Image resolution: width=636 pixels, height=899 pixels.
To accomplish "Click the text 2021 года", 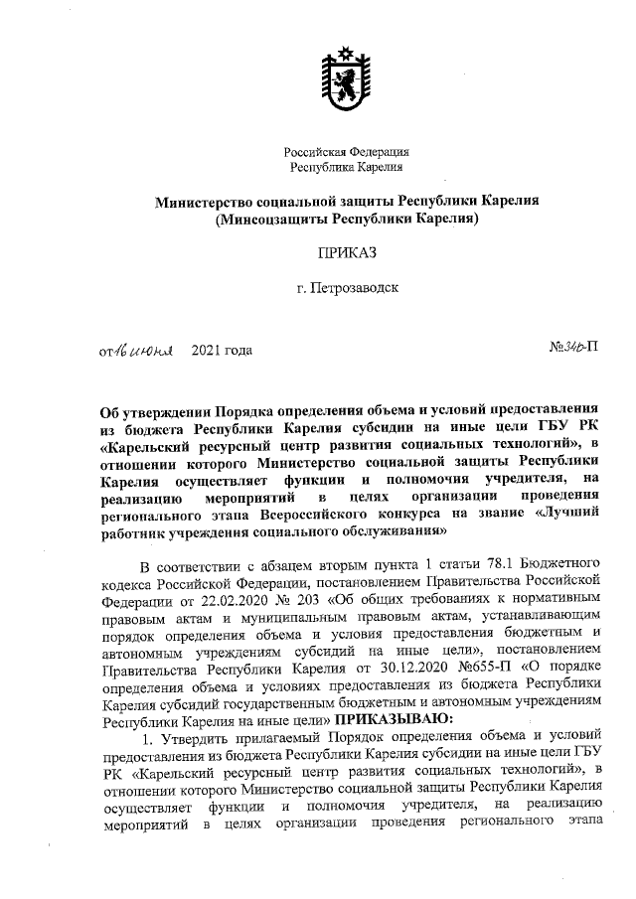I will tap(221, 350).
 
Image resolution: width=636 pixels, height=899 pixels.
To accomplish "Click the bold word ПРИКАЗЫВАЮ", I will tap(396, 717).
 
